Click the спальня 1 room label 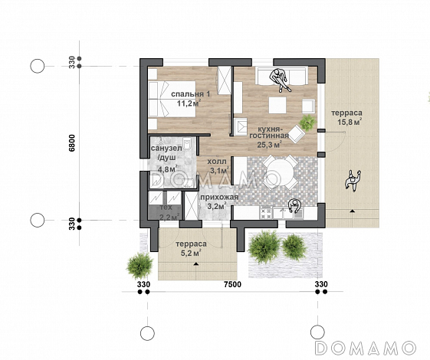[191, 94]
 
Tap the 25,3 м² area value [270, 144]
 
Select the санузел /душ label [166, 153]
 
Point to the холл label [217, 161]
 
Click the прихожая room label [219, 197]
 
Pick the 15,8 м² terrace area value [350, 122]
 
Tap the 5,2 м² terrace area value [191, 254]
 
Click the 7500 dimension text [232, 284]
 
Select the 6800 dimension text [71, 142]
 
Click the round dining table [280, 172]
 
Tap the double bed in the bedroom [172, 99]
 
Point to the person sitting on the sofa [280, 80]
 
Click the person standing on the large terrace [353, 180]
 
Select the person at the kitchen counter [294, 205]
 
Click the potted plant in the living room [307, 123]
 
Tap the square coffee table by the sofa [277, 105]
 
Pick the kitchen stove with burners [266, 213]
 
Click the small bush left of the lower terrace [140, 266]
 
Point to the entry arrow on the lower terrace [195, 263]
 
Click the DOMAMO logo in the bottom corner [366, 348]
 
